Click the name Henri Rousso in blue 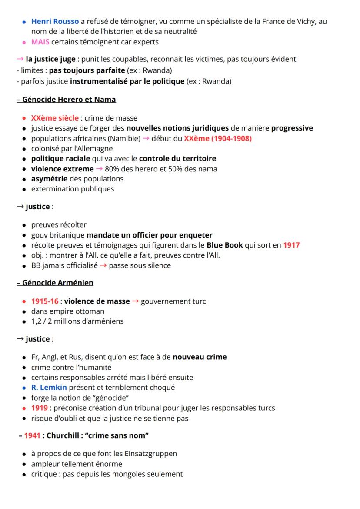55,21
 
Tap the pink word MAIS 40,42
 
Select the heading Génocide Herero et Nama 67,100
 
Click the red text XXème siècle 55,118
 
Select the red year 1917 291,245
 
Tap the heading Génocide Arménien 55,283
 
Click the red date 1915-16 44,301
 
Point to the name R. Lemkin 49,388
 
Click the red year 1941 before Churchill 33,435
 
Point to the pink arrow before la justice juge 20,60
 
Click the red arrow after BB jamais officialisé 102,265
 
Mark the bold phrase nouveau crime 200,357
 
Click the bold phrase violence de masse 97,301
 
